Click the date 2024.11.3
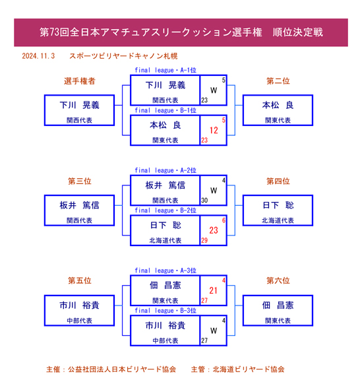pyautogui.click(x=38, y=56)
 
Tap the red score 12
pyautogui.click(x=214, y=131)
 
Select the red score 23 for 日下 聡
pyautogui.click(x=214, y=230)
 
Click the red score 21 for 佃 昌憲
pyautogui.click(x=214, y=290)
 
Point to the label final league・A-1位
pyautogui.click(x=165, y=70)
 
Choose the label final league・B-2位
pyautogui.click(x=165, y=210)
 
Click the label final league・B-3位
pyautogui.click(x=165, y=310)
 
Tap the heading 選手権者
pyautogui.click(x=80, y=81)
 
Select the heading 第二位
pyautogui.click(x=278, y=81)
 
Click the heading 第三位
pyautogui.click(x=80, y=181)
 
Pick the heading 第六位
pyautogui.click(x=278, y=280)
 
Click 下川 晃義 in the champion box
pyautogui.click(x=80, y=106)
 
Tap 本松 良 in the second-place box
pyautogui.click(x=278, y=106)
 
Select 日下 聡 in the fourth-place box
pyautogui.click(x=278, y=205)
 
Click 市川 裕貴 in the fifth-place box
pyautogui.click(x=80, y=305)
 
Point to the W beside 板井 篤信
pyautogui.click(x=214, y=190)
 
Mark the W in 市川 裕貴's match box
pyautogui.click(x=214, y=331)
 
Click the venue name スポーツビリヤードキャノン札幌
pyautogui.click(x=123, y=56)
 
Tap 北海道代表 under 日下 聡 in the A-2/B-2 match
pyautogui.click(x=165, y=240)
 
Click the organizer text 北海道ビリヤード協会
pyautogui.click(x=249, y=369)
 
